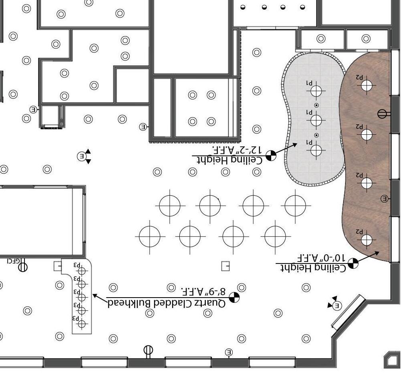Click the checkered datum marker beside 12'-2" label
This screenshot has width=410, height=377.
tap(271, 155)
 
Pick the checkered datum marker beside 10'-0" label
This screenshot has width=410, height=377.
tap(353, 263)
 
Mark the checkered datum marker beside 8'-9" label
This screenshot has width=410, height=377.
tap(234, 297)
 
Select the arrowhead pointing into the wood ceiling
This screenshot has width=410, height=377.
tap(377, 253)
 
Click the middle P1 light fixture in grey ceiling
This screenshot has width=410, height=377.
tap(317, 120)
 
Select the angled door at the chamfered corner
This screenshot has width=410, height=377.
tap(347, 311)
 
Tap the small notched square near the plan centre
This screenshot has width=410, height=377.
tap(226, 266)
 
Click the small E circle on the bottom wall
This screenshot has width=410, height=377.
tap(229, 352)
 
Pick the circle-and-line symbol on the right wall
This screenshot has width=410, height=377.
tap(383, 114)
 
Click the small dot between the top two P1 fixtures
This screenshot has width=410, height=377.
tap(317, 105)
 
